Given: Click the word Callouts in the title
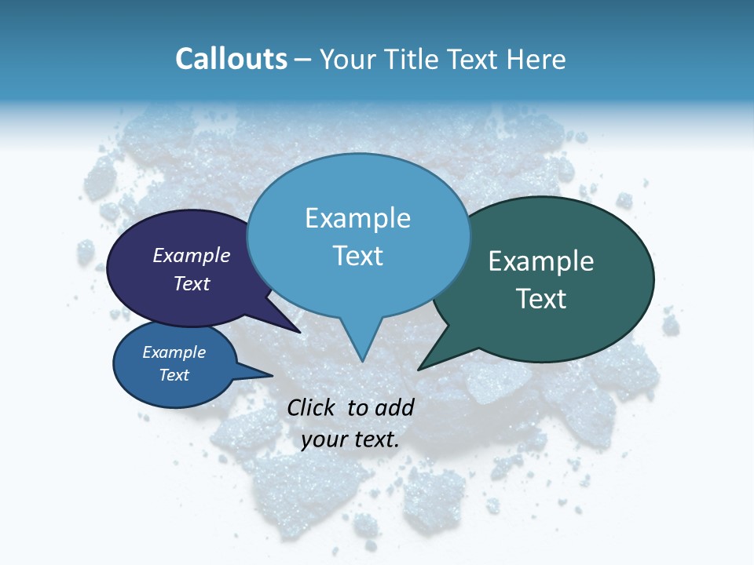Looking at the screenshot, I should [231, 60].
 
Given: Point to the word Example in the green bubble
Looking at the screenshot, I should [541, 261].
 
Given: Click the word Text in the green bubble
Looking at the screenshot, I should [541, 299].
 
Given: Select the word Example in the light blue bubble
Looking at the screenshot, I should [358, 218].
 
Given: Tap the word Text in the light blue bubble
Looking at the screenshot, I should [358, 256].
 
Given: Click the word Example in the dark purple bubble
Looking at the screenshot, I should [192, 255].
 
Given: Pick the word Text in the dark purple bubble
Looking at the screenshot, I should [192, 283].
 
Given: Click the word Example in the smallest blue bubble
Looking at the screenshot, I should [174, 352].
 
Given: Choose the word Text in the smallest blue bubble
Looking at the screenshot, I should [174, 375].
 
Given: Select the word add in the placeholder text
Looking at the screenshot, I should [394, 407].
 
